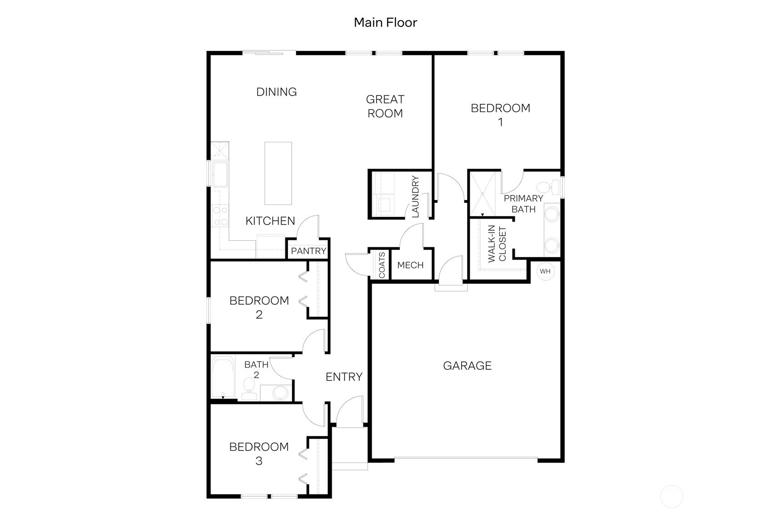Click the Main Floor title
pyautogui.click(x=385, y=22)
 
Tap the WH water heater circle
pyautogui.click(x=545, y=271)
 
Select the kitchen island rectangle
pyautogui.click(x=278, y=173)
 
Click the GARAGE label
pyautogui.click(x=467, y=366)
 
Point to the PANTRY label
pyautogui.click(x=308, y=251)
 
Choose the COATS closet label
pyautogui.click(x=382, y=265)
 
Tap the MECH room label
pyautogui.click(x=410, y=265)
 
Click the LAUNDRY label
pyautogui.click(x=415, y=197)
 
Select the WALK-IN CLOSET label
pyautogui.click(x=497, y=245)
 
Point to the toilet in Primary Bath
pyautogui.click(x=547, y=187)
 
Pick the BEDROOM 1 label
pyautogui.click(x=500, y=115)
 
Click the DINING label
pyautogui.click(x=276, y=92)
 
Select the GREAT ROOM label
pyautogui.click(x=385, y=106)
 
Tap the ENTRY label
pyautogui.click(x=344, y=377)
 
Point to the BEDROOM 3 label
pyautogui.click(x=259, y=454)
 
